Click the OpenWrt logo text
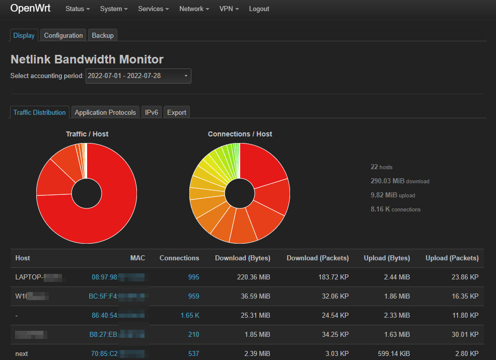pos(30,9)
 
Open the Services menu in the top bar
pos(153,9)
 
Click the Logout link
pos(259,9)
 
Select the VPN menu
pos(229,9)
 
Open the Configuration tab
pos(63,35)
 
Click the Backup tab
pos(103,35)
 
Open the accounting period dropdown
pos(138,76)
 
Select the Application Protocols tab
pos(105,112)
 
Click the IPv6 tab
pos(152,112)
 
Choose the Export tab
pos(177,112)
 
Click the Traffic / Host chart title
pos(87,134)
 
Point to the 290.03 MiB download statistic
pos(400,181)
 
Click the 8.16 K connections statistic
pos(395,209)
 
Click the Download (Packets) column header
pos(317,258)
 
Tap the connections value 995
pos(193,277)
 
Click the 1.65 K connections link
pos(190,315)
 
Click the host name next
pos(22,353)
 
